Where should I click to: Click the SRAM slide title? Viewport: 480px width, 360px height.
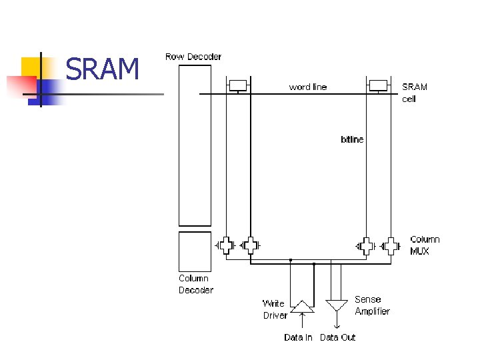click(x=103, y=69)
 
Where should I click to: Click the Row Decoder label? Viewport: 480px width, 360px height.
click(x=193, y=57)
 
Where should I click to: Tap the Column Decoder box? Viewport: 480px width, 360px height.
click(x=195, y=251)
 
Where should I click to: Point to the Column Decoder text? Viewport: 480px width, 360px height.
click(x=196, y=284)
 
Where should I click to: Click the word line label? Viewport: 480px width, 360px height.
click(x=307, y=87)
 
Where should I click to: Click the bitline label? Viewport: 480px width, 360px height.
click(x=352, y=139)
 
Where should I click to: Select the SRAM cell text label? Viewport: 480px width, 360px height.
click(x=414, y=93)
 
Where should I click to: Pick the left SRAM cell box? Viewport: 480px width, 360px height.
click(x=238, y=85)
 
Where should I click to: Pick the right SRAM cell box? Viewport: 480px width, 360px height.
click(x=378, y=85)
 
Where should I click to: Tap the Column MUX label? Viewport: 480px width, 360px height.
click(x=425, y=245)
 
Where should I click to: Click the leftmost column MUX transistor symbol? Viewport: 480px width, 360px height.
click(x=227, y=245)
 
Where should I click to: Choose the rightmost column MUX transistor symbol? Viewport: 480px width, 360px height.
click(x=390, y=245)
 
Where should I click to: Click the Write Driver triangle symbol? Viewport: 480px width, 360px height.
click(x=302, y=306)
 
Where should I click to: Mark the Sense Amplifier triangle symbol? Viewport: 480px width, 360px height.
click(x=336, y=305)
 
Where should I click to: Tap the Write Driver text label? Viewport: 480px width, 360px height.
click(x=275, y=309)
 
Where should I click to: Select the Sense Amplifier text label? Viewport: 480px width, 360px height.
click(x=372, y=305)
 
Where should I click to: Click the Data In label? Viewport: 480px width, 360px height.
click(x=298, y=337)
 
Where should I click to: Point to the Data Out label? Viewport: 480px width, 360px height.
click(x=338, y=337)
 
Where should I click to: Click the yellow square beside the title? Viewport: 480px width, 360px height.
click(x=31, y=67)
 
